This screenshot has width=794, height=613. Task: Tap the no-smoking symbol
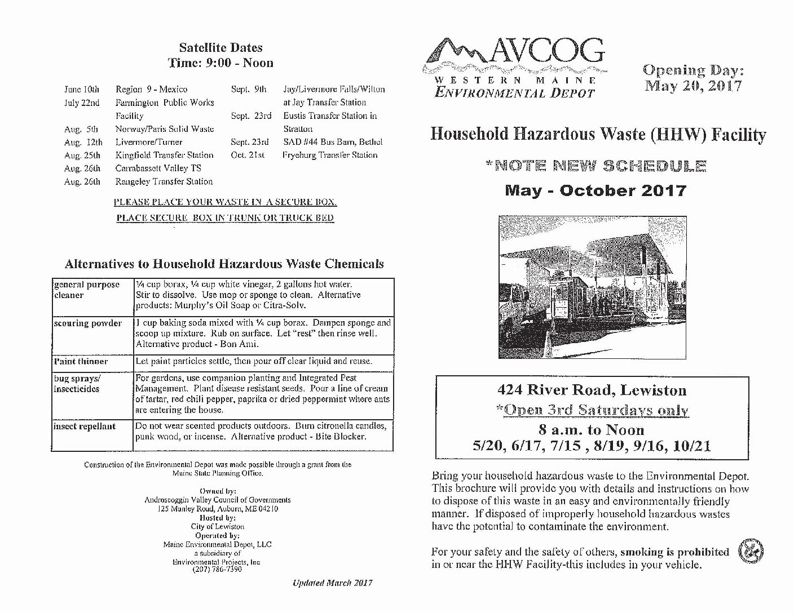click(x=751, y=550)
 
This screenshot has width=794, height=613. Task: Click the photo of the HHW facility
click(x=592, y=287)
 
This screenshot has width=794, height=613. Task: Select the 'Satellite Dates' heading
click(x=220, y=48)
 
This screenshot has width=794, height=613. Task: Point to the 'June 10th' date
click(x=82, y=89)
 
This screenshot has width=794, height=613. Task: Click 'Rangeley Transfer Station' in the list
click(x=164, y=181)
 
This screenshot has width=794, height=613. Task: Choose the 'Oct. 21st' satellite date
click(x=248, y=155)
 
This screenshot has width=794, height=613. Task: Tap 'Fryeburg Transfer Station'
click(x=330, y=155)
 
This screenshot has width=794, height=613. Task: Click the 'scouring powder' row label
click(x=87, y=323)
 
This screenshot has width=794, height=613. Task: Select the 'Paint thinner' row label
click(x=81, y=361)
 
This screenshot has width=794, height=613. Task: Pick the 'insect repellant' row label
click(x=85, y=427)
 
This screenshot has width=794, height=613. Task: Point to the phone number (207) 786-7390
click(x=217, y=570)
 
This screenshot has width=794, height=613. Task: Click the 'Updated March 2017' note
click(x=332, y=583)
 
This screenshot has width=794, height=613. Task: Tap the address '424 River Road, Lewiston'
click(x=592, y=390)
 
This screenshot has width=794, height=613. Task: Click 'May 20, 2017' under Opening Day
click(x=693, y=86)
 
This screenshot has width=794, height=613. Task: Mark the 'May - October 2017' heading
click(x=595, y=190)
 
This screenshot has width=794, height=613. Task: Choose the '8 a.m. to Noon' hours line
click(x=591, y=430)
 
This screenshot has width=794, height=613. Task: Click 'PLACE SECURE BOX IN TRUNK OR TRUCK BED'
click(x=225, y=217)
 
